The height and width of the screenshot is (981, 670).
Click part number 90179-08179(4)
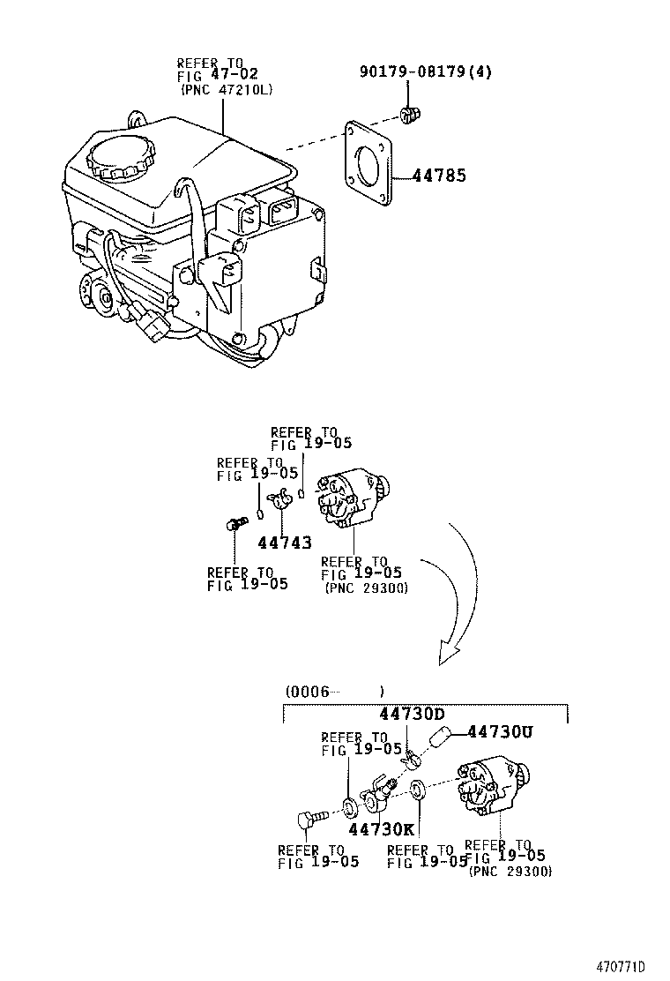[x=426, y=72]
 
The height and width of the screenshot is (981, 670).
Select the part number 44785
[x=438, y=176]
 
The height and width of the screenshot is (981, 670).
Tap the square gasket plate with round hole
[x=368, y=167]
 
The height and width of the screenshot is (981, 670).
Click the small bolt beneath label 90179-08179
[x=408, y=113]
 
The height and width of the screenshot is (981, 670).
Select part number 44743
[x=285, y=543]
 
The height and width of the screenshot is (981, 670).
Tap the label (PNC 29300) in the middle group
[x=366, y=588]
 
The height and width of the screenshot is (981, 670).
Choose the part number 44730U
[x=500, y=731]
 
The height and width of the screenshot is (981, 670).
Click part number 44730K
[x=381, y=829]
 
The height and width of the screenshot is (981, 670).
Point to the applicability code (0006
[x=308, y=692]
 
